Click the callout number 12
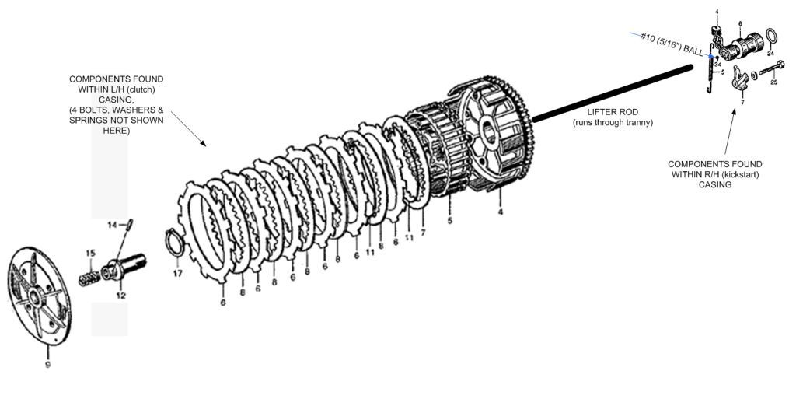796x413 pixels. coord(120,296)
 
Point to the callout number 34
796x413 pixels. coord(718,64)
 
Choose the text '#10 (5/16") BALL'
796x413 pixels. coord(673,45)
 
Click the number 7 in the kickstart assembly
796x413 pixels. coord(742,102)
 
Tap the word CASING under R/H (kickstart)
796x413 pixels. coord(714,184)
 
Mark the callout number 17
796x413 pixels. coord(177,274)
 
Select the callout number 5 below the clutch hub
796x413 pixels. coord(450,221)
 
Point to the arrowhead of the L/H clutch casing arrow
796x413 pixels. coord(204,145)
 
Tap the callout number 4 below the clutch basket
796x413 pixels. coord(500,212)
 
